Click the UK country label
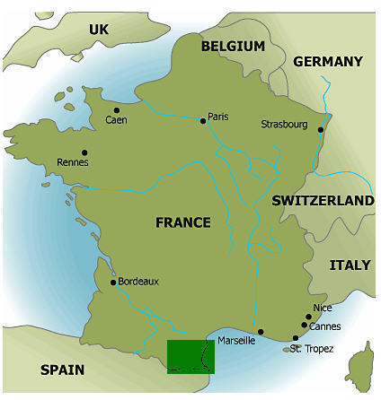coord(98,30)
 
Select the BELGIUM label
coord(233,46)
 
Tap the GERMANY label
coord(327,62)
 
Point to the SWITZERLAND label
coord(323,201)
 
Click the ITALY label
coord(350,265)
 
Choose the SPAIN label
coord(62,370)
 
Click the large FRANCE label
coord(182,222)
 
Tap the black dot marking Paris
coord(202,120)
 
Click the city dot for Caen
coord(116,110)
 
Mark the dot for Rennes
coord(84,152)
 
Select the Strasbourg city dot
coord(321,131)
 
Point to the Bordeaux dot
coord(112,283)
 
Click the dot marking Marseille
coord(261,332)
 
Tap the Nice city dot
coord(308,317)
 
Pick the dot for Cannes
coord(304,326)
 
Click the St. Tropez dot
coord(295,338)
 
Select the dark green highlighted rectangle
coord(190,356)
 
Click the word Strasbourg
coord(285,124)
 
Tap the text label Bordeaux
coord(138,281)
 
